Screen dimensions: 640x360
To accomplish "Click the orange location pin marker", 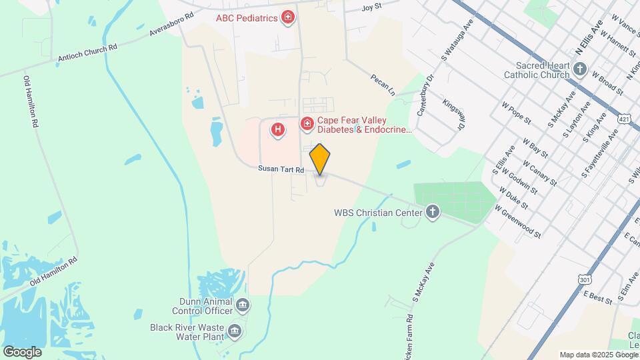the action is pyautogui.click(x=320, y=159).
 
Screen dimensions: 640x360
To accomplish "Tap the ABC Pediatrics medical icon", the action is pyautogui.click(x=288, y=17).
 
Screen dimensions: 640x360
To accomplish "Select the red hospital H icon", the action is pyautogui.click(x=277, y=129).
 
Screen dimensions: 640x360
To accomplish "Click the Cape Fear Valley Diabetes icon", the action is pyautogui.click(x=307, y=124).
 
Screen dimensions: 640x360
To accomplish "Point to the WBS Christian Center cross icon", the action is pyautogui.click(x=433, y=213).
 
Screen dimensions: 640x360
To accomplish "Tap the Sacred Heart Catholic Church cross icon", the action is pyautogui.click(x=580, y=68).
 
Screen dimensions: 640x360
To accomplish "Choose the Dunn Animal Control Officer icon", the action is pyautogui.click(x=243, y=305).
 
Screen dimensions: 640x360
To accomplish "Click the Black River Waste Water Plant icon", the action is pyautogui.click(x=234, y=330).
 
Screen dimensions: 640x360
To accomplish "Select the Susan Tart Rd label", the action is pyautogui.click(x=281, y=170).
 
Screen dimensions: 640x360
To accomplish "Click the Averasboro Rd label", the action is pyautogui.click(x=171, y=23).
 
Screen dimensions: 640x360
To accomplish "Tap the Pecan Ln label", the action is pyautogui.click(x=383, y=87).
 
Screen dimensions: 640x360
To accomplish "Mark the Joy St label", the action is pyautogui.click(x=371, y=7).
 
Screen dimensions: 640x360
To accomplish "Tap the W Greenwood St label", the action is pyautogui.click(x=517, y=222).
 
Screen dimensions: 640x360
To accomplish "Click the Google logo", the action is pyautogui.click(x=22, y=352).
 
